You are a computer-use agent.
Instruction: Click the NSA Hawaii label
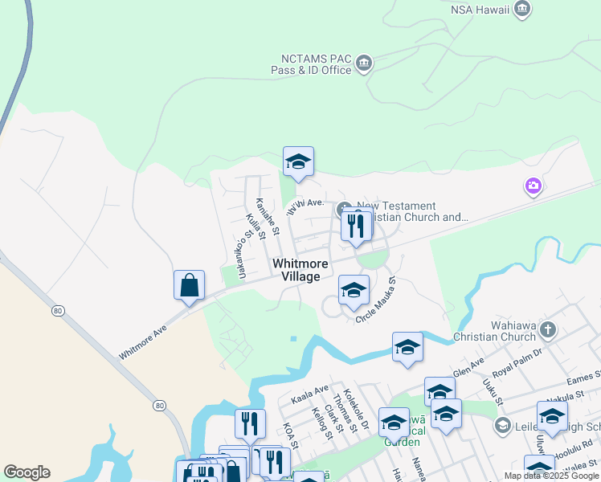click(480, 10)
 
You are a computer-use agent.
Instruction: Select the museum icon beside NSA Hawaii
click(523, 10)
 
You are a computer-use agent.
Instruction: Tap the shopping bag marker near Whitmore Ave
click(189, 286)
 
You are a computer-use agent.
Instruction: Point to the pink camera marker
click(533, 187)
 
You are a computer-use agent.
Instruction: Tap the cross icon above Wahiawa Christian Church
click(548, 329)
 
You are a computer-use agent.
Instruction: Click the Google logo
click(27, 472)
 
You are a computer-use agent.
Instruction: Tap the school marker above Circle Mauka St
click(354, 291)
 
